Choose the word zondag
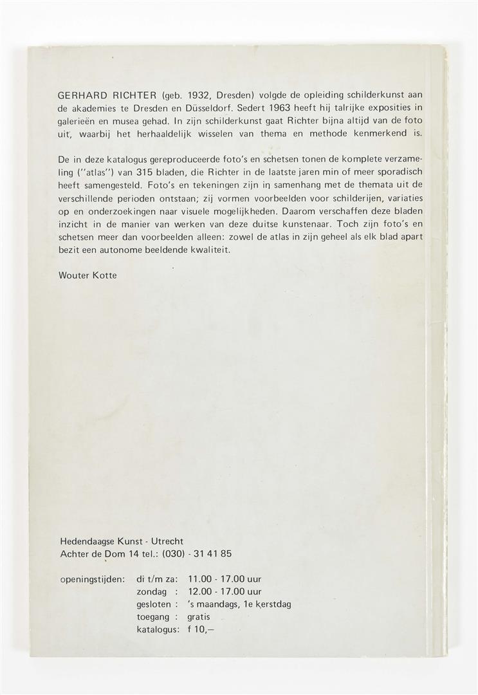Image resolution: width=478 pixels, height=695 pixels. click(154, 591)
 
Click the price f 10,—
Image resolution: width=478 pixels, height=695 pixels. click(202, 629)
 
